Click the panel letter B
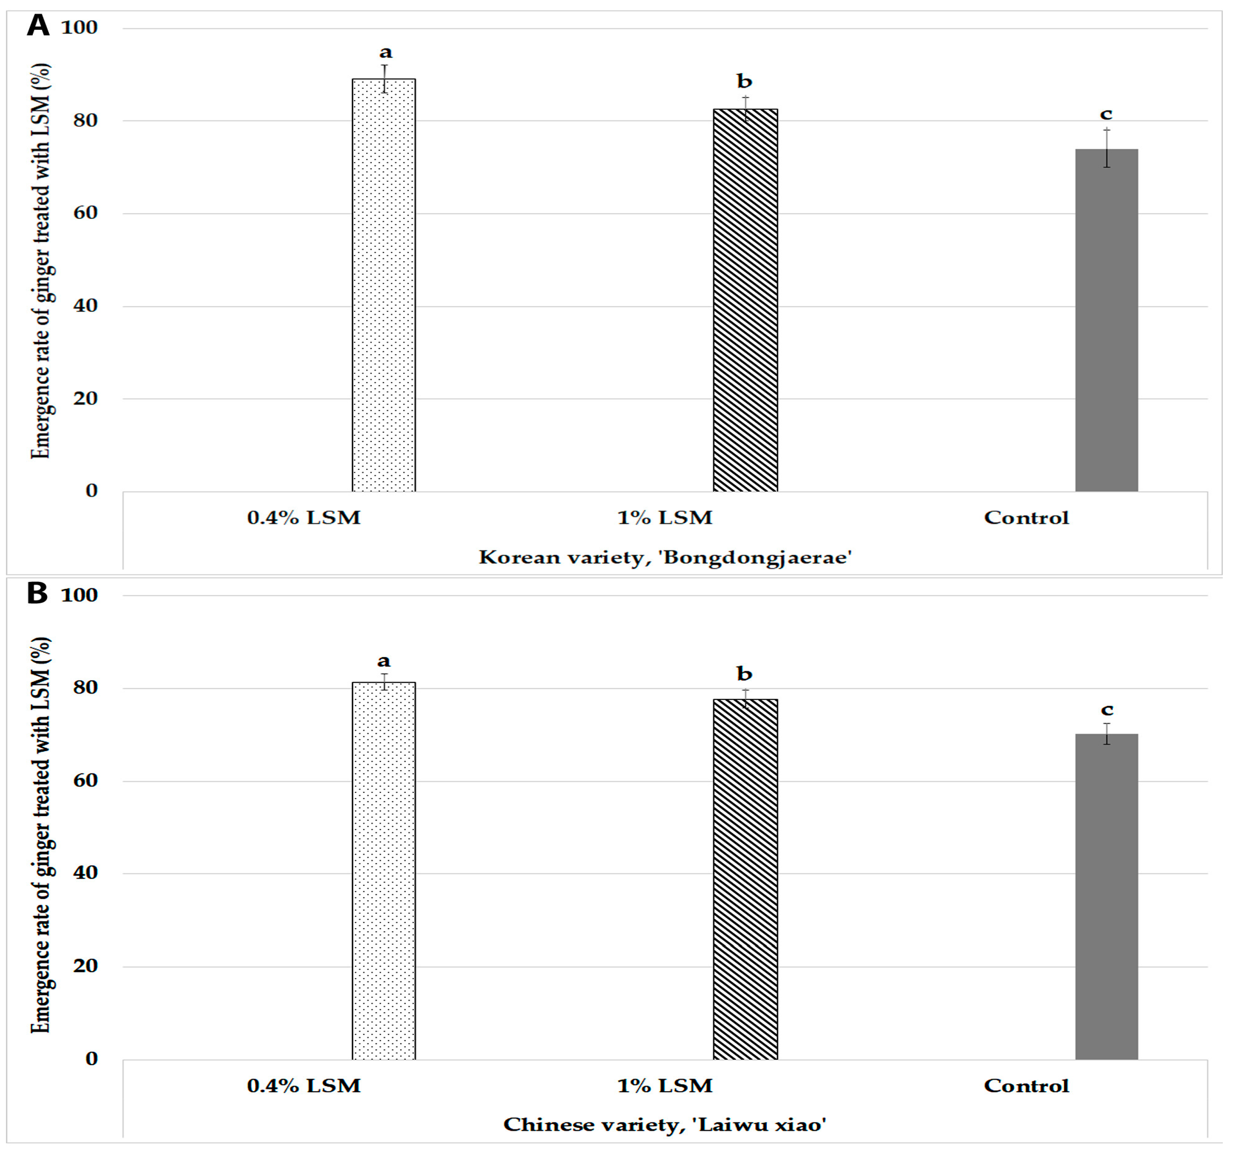point(37,593)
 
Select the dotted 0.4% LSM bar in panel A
point(383,286)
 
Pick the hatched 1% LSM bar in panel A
point(745,301)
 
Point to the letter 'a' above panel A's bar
point(385,52)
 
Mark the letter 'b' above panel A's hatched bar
point(744,81)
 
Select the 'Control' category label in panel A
point(1026,518)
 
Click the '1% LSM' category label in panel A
point(665,518)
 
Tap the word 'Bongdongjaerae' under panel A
point(756,558)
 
